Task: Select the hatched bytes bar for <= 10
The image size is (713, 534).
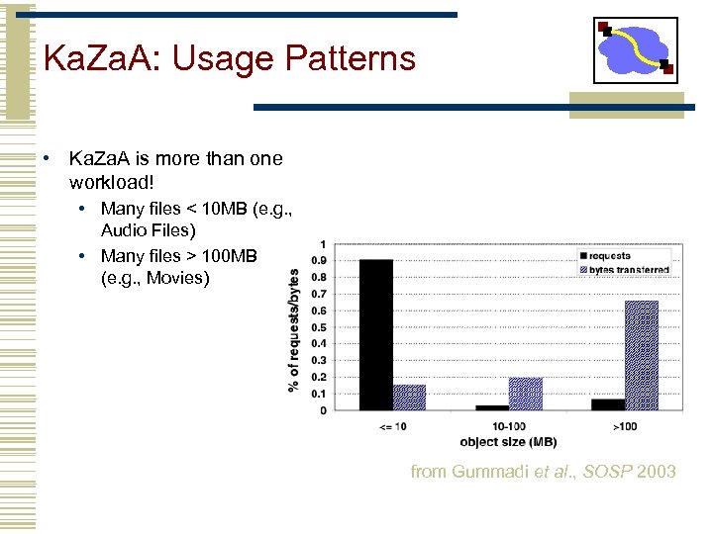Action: (409, 397)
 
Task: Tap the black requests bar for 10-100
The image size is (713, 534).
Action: (491, 407)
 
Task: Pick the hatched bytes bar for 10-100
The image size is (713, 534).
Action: (525, 393)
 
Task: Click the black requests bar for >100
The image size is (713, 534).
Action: (608, 403)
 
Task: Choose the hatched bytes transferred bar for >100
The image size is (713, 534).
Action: (642, 355)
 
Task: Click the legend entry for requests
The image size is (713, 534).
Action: (607, 256)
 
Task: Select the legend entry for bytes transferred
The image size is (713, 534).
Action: (627, 269)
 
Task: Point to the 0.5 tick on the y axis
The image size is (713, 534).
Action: (321, 327)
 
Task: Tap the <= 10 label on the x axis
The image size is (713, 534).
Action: (392, 425)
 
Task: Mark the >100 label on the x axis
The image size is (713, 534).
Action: (625, 425)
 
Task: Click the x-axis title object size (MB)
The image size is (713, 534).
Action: (508, 441)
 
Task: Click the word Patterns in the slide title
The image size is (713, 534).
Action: (351, 59)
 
